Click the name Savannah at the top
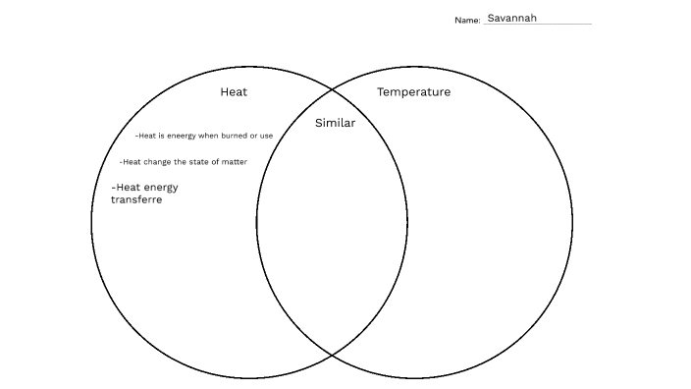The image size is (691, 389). click(x=511, y=18)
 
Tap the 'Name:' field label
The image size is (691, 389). click(x=467, y=21)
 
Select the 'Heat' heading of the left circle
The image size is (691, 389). click(x=234, y=92)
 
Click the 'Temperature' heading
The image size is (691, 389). click(x=413, y=92)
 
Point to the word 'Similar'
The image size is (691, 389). click(x=335, y=124)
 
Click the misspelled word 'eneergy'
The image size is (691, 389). click(x=182, y=136)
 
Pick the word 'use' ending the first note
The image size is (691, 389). click(x=266, y=136)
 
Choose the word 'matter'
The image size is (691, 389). click(x=234, y=161)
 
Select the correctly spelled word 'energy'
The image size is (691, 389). click(x=162, y=188)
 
